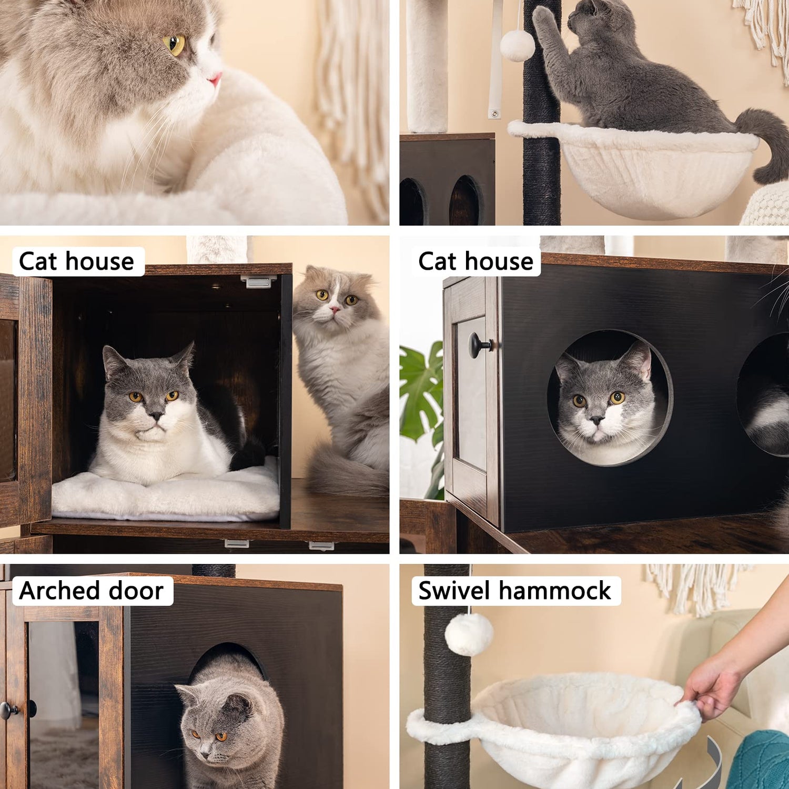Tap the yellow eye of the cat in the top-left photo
[x=175, y=45]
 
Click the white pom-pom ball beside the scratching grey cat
[x=517, y=45]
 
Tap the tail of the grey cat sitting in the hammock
[x=763, y=142]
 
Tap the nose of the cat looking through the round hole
[x=596, y=420]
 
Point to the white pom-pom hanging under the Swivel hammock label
[x=469, y=634]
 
